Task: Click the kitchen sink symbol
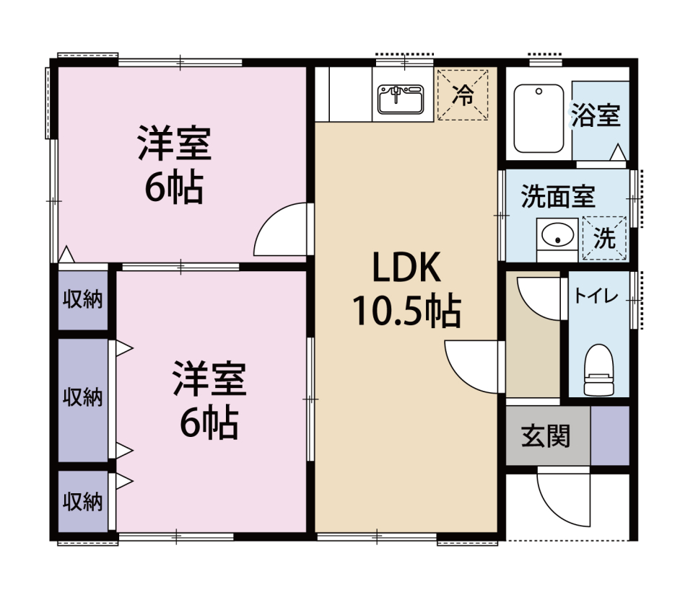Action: pos(401,99)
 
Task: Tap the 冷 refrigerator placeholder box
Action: pos(463,94)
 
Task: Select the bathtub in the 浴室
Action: pos(539,118)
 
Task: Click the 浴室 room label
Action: pos(596,115)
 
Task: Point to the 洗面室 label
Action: pos(558,196)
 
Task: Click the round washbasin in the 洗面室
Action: pos(557,234)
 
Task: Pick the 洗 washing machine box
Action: pos(605,238)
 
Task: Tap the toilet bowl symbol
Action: pos(599,370)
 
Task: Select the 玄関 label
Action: pos(546,436)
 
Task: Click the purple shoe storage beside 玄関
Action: pos(610,436)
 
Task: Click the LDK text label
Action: pos(406,267)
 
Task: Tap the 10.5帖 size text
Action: pos(406,312)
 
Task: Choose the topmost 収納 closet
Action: pos(83,300)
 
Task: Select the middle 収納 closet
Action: pos(83,400)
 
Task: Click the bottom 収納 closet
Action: pos(83,501)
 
